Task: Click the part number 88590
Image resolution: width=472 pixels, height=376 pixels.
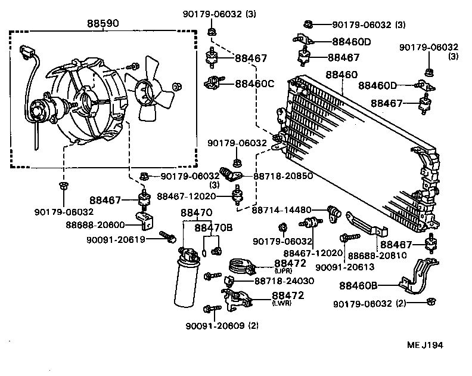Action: (x=103, y=24)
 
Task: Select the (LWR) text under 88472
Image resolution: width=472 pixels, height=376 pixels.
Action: (x=282, y=303)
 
